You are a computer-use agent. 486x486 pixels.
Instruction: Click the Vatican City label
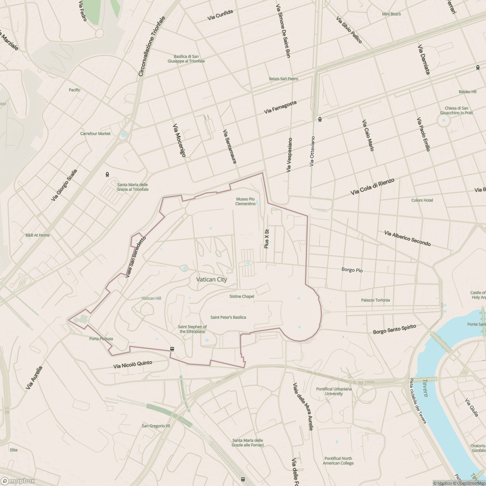(x=211, y=279)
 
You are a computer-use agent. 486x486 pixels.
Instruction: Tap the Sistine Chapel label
(x=242, y=296)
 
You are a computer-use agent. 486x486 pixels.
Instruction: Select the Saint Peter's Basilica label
(x=228, y=318)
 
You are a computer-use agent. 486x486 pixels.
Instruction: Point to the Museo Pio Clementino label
(x=245, y=201)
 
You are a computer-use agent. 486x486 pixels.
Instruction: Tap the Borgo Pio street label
(x=352, y=270)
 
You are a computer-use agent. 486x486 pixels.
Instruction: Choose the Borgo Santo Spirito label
(x=394, y=329)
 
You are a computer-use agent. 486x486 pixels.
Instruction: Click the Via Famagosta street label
(x=280, y=107)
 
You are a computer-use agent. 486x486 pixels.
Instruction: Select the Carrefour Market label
(x=95, y=134)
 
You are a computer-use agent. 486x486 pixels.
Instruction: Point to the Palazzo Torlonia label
(x=375, y=300)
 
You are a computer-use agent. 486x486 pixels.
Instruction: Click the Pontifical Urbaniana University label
(x=334, y=391)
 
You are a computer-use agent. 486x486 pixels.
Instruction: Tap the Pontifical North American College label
(x=338, y=461)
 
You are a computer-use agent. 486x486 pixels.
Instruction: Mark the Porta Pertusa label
(x=101, y=339)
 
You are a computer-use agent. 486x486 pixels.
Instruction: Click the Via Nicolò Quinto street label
(x=133, y=364)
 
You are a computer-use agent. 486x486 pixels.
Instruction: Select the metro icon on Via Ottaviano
(x=320, y=119)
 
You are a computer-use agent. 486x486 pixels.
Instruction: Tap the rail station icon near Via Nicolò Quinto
(x=172, y=349)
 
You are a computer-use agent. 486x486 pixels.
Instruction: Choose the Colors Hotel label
(x=422, y=200)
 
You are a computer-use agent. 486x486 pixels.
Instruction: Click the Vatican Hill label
(x=151, y=298)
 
